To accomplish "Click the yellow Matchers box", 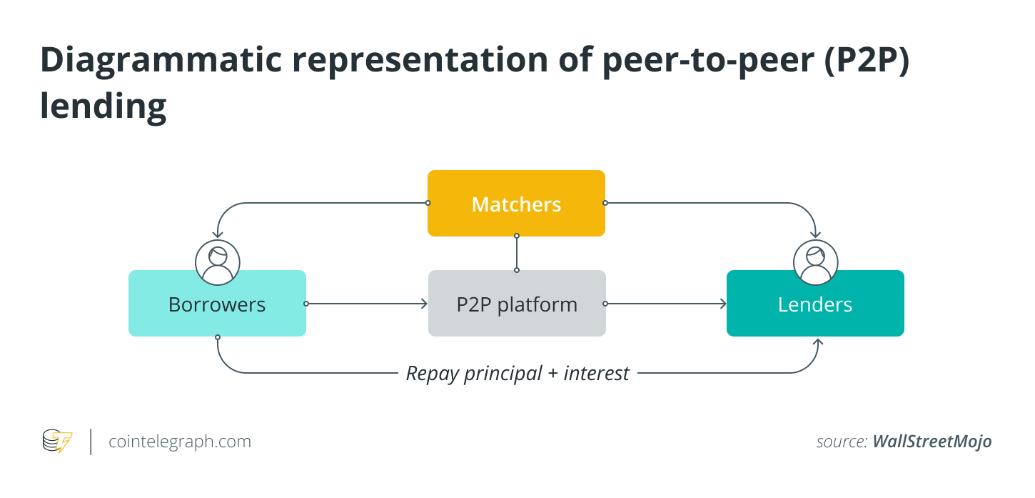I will (516, 204).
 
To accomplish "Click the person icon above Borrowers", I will (218, 263).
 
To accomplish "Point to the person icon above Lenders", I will (816, 263).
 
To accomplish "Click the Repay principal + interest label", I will (517, 373).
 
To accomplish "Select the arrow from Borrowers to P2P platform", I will (367, 304).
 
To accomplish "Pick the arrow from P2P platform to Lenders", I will (666, 304).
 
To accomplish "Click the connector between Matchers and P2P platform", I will (517, 253).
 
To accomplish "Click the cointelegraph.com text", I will (180, 442).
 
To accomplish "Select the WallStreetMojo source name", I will (932, 442).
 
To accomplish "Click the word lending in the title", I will (103, 106).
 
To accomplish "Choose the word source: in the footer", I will (842, 442).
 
